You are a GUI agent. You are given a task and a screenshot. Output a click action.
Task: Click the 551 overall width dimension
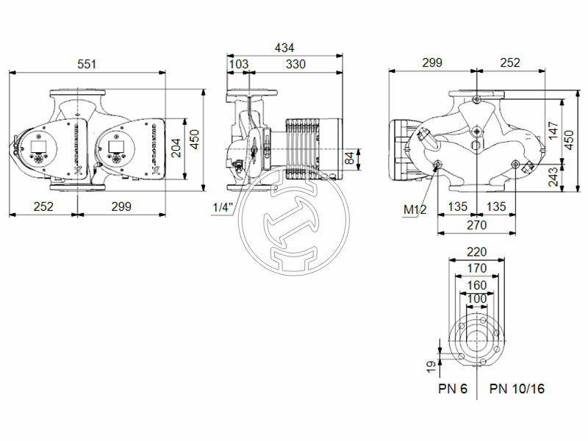87,64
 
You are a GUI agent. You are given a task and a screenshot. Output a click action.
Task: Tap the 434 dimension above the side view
284,47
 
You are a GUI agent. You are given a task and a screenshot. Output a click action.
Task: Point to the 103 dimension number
239,64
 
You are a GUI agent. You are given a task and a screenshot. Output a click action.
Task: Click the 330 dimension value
295,64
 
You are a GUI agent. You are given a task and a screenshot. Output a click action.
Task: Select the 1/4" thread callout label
222,207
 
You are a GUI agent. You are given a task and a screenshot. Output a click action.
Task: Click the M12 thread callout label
415,210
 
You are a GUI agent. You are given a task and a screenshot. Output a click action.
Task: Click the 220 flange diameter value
476,252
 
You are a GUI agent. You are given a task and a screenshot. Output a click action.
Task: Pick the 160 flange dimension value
476,284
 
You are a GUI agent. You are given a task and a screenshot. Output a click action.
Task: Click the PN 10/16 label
517,389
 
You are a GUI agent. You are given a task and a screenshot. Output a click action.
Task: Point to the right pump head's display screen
115,144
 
